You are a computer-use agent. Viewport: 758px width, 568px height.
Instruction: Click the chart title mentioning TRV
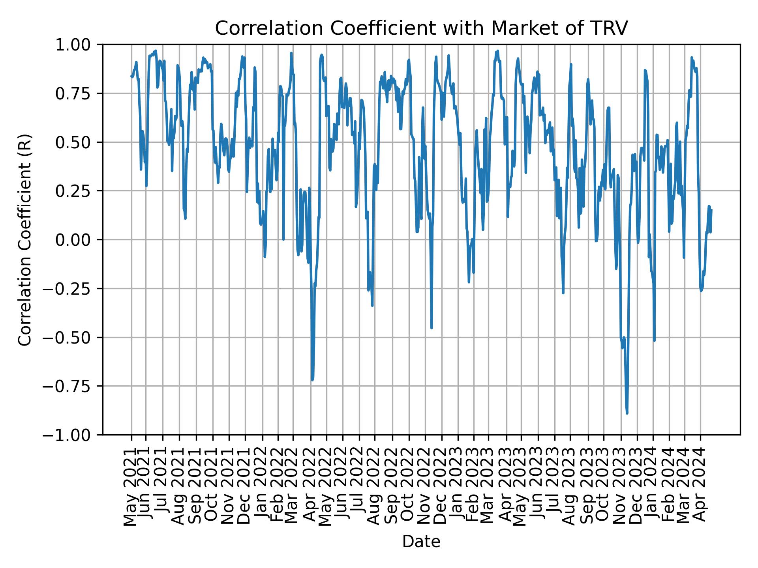pyautogui.click(x=421, y=28)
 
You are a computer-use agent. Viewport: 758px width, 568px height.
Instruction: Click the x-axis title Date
pyautogui.click(x=421, y=542)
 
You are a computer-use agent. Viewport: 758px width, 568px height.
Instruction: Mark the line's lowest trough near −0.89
pyautogui.click(x=627, y=413)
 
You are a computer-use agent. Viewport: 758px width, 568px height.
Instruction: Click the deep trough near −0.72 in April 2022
pyautogui.click(x=312, y=380)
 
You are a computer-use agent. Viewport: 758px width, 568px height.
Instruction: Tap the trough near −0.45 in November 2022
pyautogui.click(x=432, y=327)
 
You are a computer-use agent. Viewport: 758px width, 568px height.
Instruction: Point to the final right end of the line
pyautogui.click(x=711, y=210)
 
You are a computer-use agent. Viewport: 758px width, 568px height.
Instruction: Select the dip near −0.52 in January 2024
pyautogui.click(x=654, y=340)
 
